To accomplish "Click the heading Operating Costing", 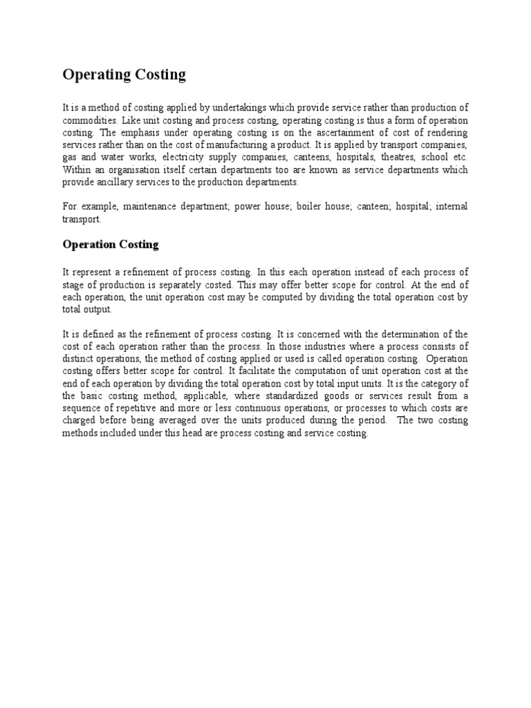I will [124, 75].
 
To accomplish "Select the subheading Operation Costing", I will [111, 244].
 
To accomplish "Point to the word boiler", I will [295, 207].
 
